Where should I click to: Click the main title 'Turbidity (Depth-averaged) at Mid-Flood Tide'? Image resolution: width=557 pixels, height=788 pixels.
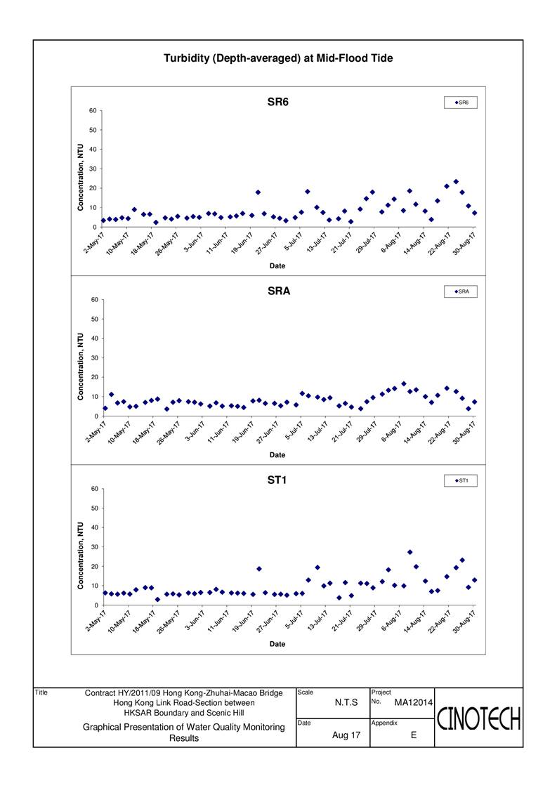(278, 58)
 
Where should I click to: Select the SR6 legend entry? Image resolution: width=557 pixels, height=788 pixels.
(461, 103)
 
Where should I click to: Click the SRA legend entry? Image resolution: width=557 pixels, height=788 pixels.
(461, 291)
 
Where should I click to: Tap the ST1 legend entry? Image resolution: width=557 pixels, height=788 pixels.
(461, 480)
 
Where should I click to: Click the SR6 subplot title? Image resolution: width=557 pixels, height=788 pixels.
(278, 102)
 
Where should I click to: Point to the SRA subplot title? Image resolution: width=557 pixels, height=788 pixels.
(278, 291)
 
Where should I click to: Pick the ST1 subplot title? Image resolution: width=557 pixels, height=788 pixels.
(277, 480)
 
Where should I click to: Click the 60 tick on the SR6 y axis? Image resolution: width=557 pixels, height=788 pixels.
(93, 110)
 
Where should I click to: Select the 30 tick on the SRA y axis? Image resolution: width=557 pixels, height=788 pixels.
(95, 357)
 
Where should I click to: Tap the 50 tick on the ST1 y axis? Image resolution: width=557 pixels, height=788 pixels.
(95, 508)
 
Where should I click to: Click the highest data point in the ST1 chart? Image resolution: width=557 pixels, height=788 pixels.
(409, 552)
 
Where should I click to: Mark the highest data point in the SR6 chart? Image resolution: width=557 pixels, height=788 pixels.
(456, 181)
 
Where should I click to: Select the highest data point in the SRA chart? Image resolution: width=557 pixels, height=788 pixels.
(404, 384)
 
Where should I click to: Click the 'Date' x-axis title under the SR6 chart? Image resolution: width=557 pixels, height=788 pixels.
(277, 266)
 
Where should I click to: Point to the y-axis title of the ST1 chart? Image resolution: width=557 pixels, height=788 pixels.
(81, 556)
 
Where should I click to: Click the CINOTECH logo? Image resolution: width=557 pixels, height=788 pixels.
(478, 718)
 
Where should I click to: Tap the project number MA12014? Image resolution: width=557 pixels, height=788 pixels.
(413, 702)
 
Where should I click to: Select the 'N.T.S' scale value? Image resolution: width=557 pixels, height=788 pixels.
(346, 702)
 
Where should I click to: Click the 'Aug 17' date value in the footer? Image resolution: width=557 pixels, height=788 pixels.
(346, 735)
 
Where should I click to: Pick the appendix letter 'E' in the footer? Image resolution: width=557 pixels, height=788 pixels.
(414, 735)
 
